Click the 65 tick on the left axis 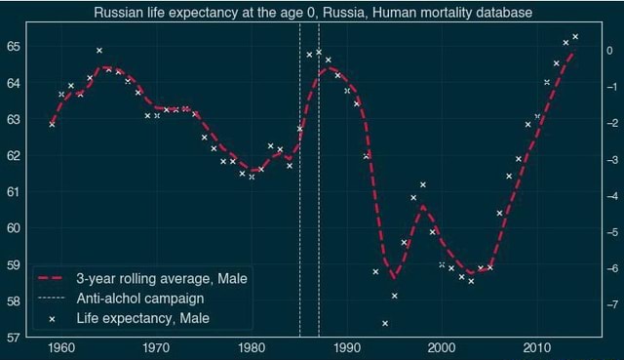click(17, 46)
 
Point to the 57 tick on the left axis click(17, 338)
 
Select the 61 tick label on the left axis click(17, 191)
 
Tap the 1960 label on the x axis click(60, 349)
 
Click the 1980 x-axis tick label click(252, 349)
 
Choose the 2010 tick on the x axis click(536, 349)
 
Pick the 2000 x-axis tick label click(442, 349)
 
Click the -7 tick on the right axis click(608, 305)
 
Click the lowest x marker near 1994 click(385, 323)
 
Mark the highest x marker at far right click(575, 37)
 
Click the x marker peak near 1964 click(99, 50)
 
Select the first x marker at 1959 click(52, 124)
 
